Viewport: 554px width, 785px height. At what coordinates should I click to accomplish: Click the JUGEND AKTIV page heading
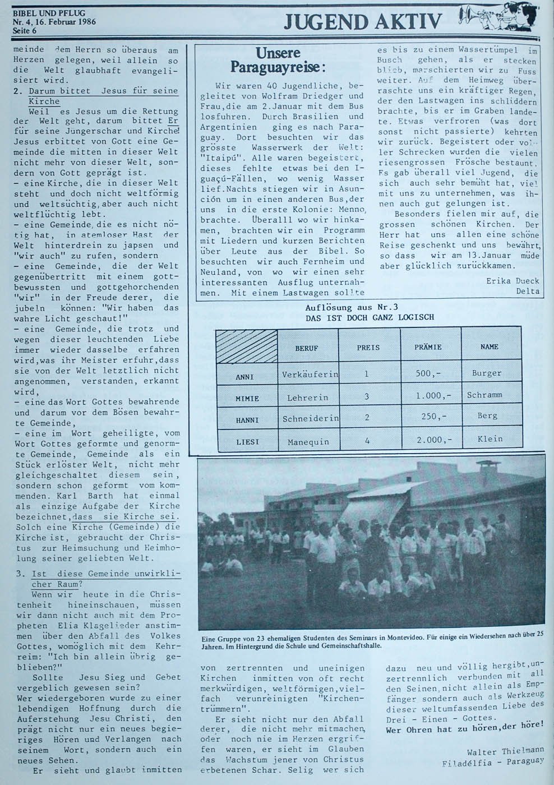363,21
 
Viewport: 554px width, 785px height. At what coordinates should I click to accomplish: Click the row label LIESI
247,442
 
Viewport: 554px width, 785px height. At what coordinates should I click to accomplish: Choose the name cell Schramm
484,395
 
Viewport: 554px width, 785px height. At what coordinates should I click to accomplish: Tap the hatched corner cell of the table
247,347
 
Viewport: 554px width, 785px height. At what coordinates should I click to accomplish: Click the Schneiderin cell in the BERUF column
309,418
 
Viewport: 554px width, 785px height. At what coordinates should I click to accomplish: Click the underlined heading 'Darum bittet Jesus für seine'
103,91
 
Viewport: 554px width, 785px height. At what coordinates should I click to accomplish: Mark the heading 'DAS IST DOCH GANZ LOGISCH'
370,317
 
